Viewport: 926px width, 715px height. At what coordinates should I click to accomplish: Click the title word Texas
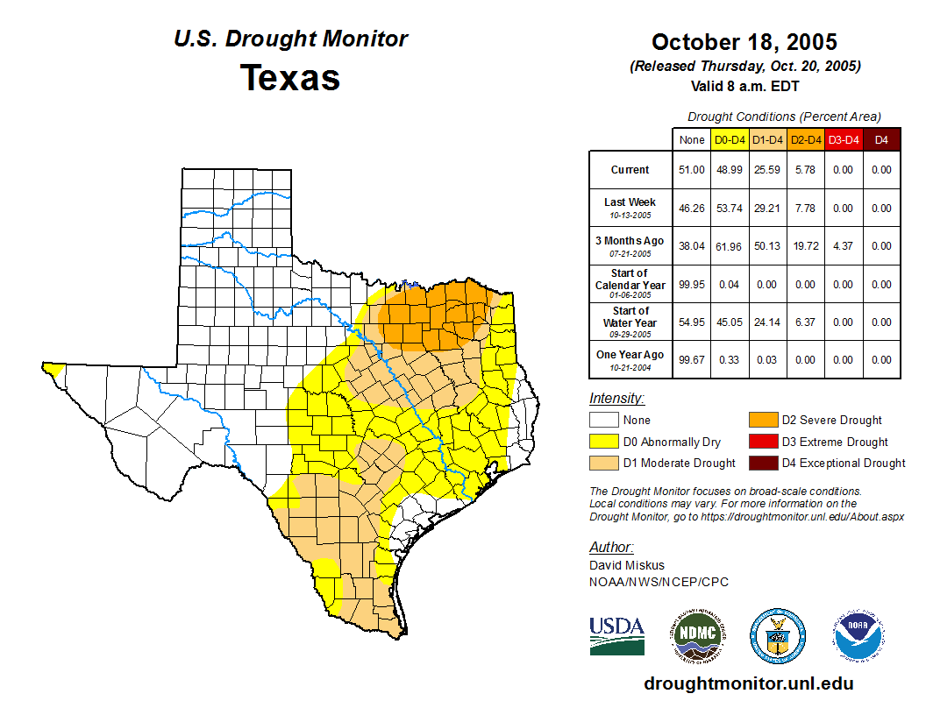click(x=290, y=77)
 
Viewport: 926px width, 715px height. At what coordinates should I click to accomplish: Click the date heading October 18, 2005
click(x=744, y=42)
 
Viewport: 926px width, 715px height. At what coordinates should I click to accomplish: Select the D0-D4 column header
click(x=730, y=139)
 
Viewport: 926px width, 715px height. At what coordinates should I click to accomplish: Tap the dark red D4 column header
click(x=881, y=139)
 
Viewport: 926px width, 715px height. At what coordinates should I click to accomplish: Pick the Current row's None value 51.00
click(x=692, y=170)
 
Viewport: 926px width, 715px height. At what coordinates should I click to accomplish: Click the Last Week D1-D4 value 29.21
click(x=768, y=209)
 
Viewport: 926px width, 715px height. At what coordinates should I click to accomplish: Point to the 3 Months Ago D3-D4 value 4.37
click(x=843, y=246)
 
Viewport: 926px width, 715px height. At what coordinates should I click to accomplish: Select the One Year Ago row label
click(x=630, y=355)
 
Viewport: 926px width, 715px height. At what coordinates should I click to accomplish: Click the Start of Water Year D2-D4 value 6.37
click(x=805, y=322)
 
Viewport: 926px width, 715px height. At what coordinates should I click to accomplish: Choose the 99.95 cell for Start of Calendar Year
click(x=692, y=284)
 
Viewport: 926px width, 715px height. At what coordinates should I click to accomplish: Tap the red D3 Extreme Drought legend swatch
click(x=761, y=442)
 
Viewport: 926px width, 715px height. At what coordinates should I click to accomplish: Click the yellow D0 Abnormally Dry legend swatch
click(x=603, y=442)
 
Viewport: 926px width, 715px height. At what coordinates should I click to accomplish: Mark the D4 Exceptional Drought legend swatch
click(x=761, y=463)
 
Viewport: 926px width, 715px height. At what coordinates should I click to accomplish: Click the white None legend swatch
click(x=603, y=421)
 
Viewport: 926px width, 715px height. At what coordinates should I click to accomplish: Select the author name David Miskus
click(x=627, y=565)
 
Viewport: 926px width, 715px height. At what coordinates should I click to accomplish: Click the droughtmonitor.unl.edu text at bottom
click(x=748, y=683)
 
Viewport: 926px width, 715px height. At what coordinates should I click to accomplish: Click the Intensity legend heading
click(x=616, y=399)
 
